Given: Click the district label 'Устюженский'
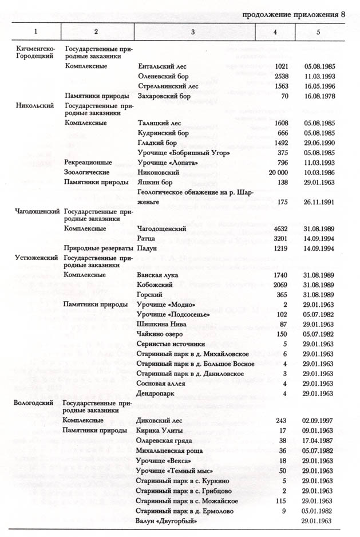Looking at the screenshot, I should coord(35,258).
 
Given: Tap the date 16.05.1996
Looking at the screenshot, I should coord(320,85).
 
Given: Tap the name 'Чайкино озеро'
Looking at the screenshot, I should coord(162,334).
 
